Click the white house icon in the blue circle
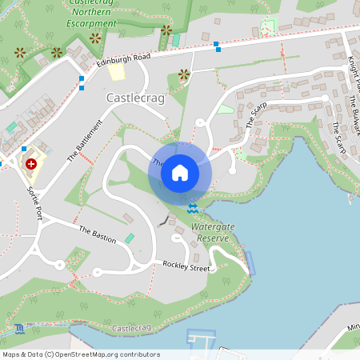(x=180, y=172)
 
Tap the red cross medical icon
(x=31, y=163)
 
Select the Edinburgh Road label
(x=123, y=58)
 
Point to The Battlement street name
(x=86, y=142)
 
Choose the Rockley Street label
(x=186, y=266)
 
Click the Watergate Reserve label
(x=210, y=233)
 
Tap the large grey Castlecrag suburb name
(x=135, y=97)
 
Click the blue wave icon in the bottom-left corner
(x=19, y=328)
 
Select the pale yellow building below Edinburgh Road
(x=117, y=72)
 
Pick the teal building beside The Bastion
(x=130, y=238)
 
